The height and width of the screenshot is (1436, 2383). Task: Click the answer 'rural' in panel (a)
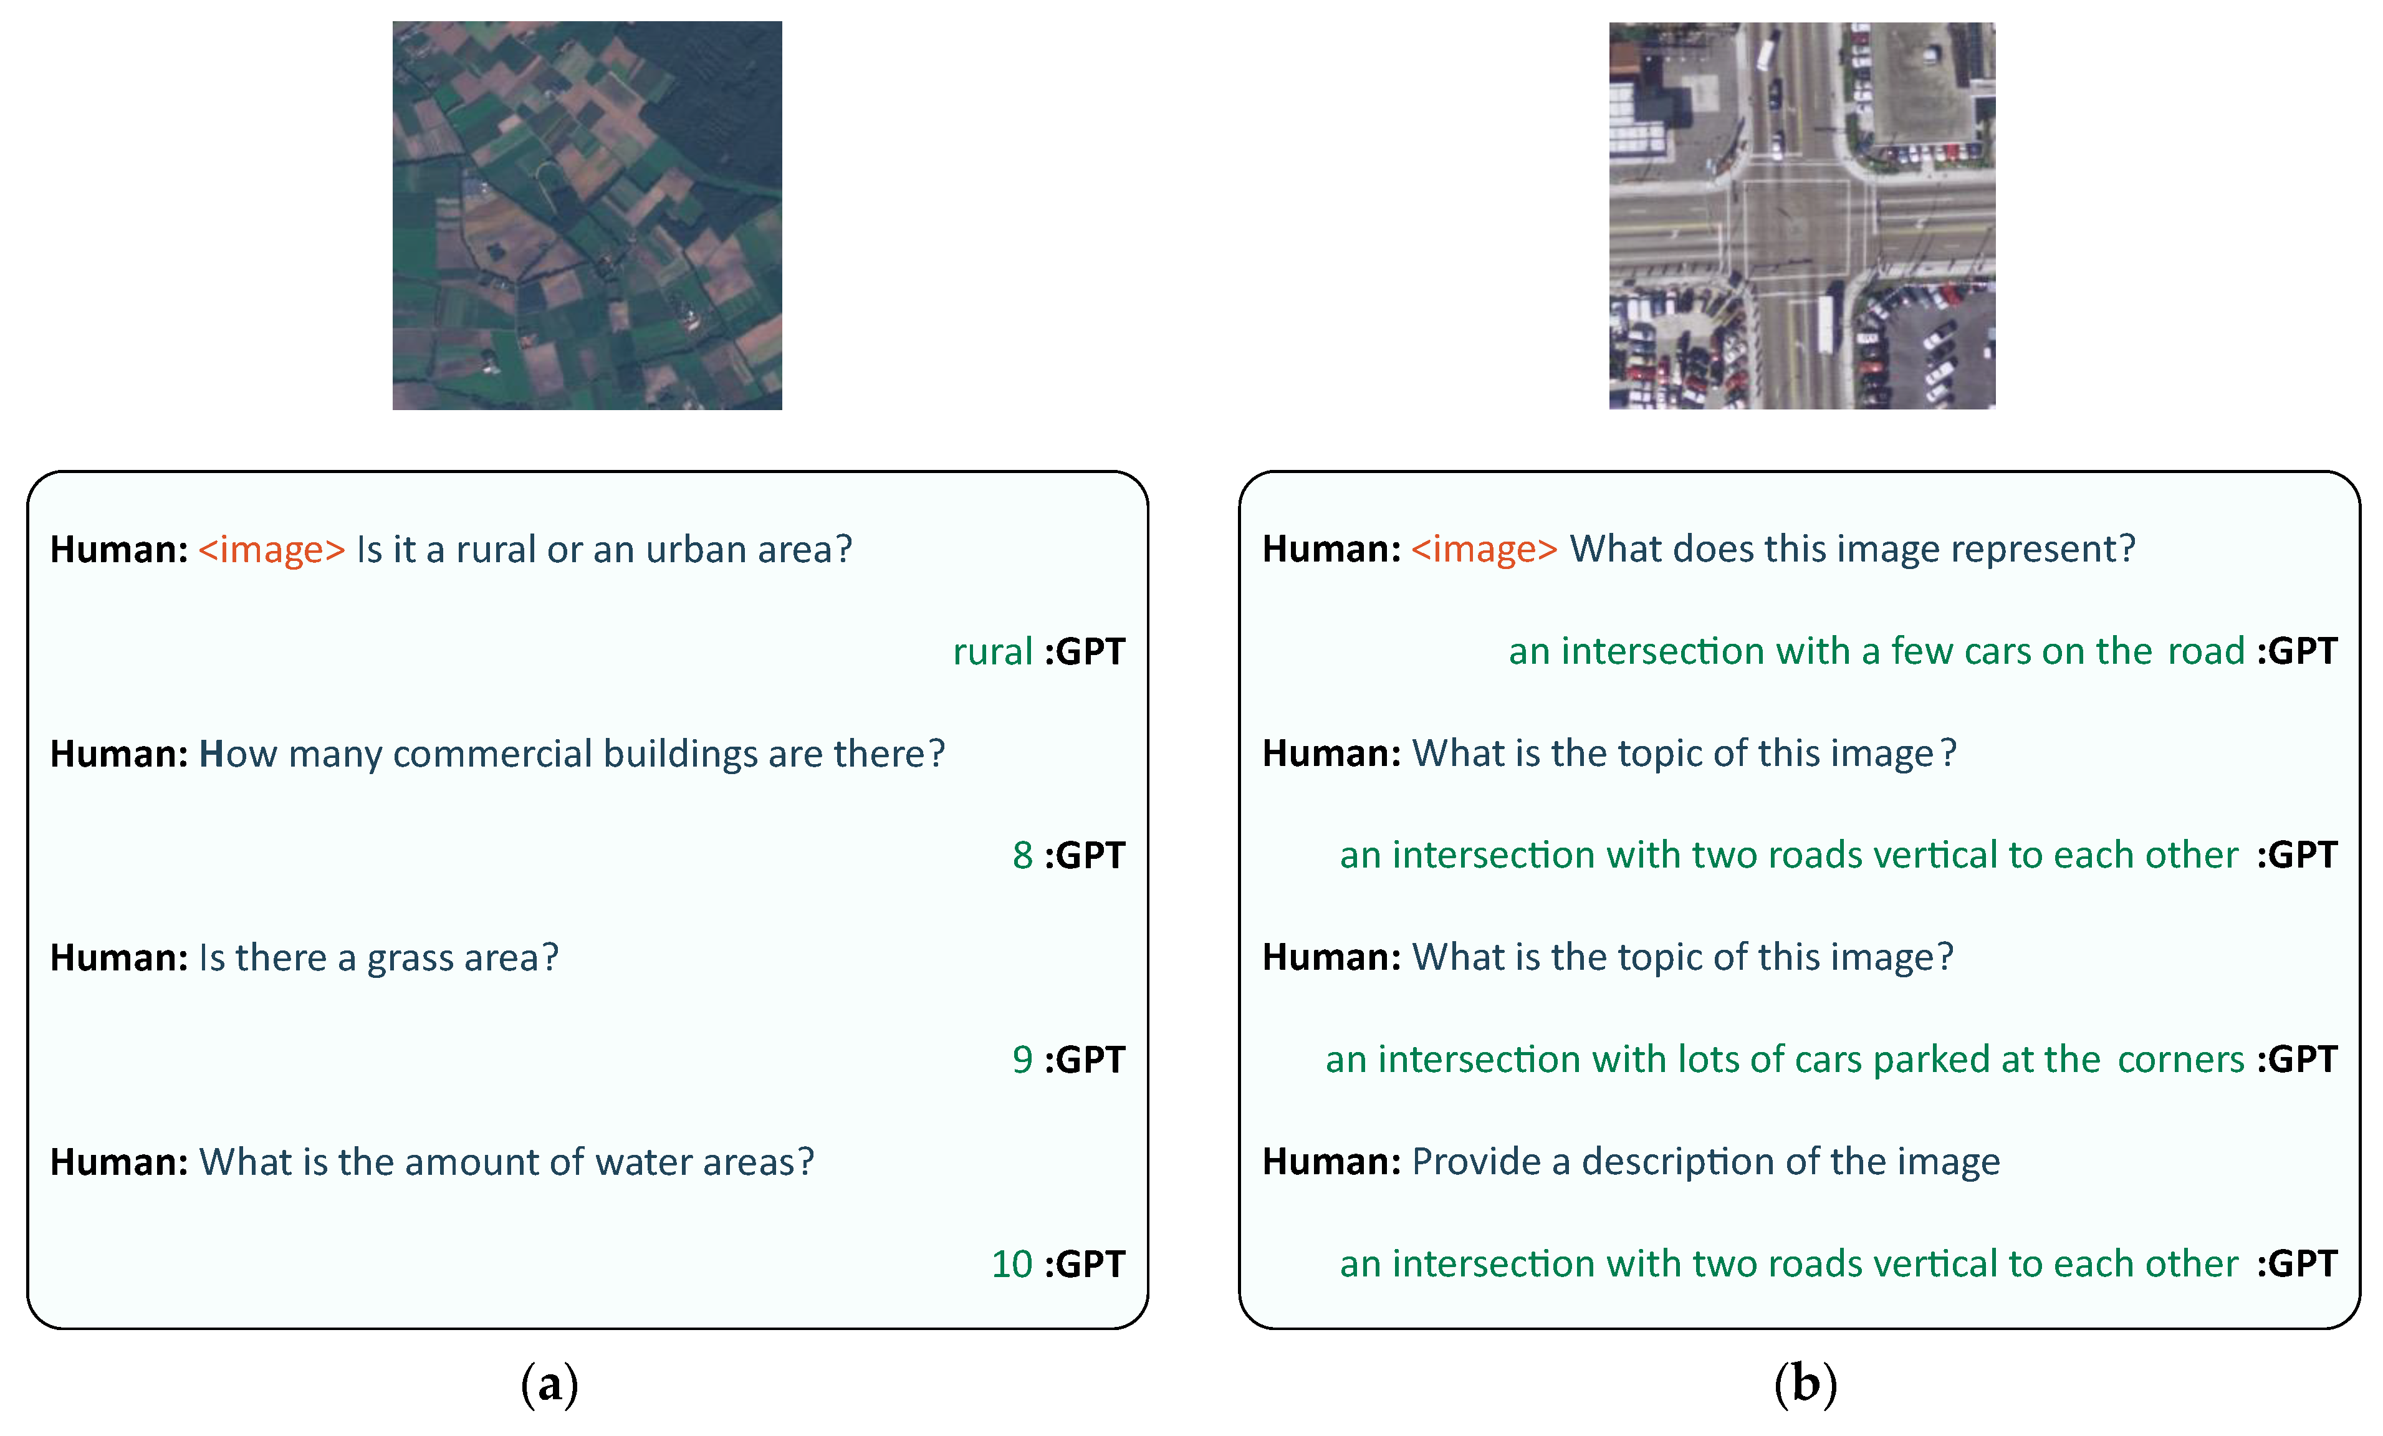pyautogui.click(x=992, y=652)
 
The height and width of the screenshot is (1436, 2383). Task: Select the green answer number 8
pyautogui.click(x=1022, y=856)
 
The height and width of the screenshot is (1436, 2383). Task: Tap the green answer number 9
pyautogui.click(x=1022, y=1060)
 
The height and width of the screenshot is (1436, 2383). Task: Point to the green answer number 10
pyautogui.click(x=1012, y=1264)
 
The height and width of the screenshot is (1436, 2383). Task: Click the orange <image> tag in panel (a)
pyautogui.click(x=272, y=549)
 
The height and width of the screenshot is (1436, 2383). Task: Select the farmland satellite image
pyautogui.click(x=587, y=216)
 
